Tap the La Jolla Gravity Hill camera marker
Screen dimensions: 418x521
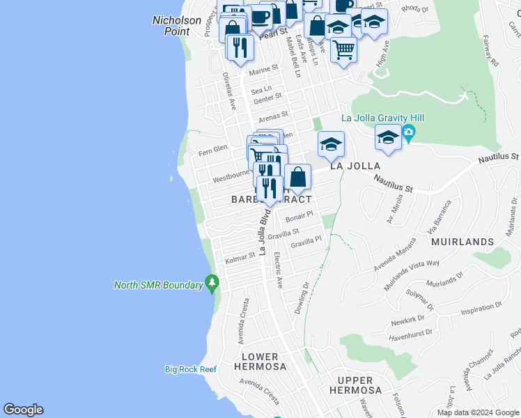click(x=409, y=132)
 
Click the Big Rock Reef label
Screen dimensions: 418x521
click(x=191, y=369)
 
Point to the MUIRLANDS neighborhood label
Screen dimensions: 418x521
click(x=462, y=242)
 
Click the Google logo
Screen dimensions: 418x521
click(x=23, y=410)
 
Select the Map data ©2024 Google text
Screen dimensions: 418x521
click(x=477, y=412)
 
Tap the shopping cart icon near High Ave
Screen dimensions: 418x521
click(x=343, y=49)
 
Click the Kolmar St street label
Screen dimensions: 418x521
click(x=241, y=258)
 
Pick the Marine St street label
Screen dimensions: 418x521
click(x=263, y=70)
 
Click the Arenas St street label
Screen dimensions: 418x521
click(x=273, y=115)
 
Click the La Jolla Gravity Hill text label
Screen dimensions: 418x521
click(x=382, y=118)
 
